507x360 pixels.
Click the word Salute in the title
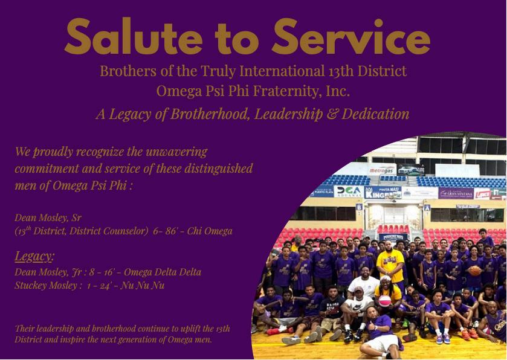[x=134, y=36]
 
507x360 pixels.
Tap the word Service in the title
[x=351, y=36]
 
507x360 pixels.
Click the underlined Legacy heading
[x=34, y=256]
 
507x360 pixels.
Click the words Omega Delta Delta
[x=163, y=272]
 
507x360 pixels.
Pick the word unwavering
[x=176, y=152]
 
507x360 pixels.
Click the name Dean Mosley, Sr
[x=48, y=218]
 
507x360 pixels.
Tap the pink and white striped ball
[x=384, y=301]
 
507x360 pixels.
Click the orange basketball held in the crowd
[x=474, y=270]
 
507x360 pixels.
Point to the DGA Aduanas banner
[x=349, y=191]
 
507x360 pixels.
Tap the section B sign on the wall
[x=358, y=207]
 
